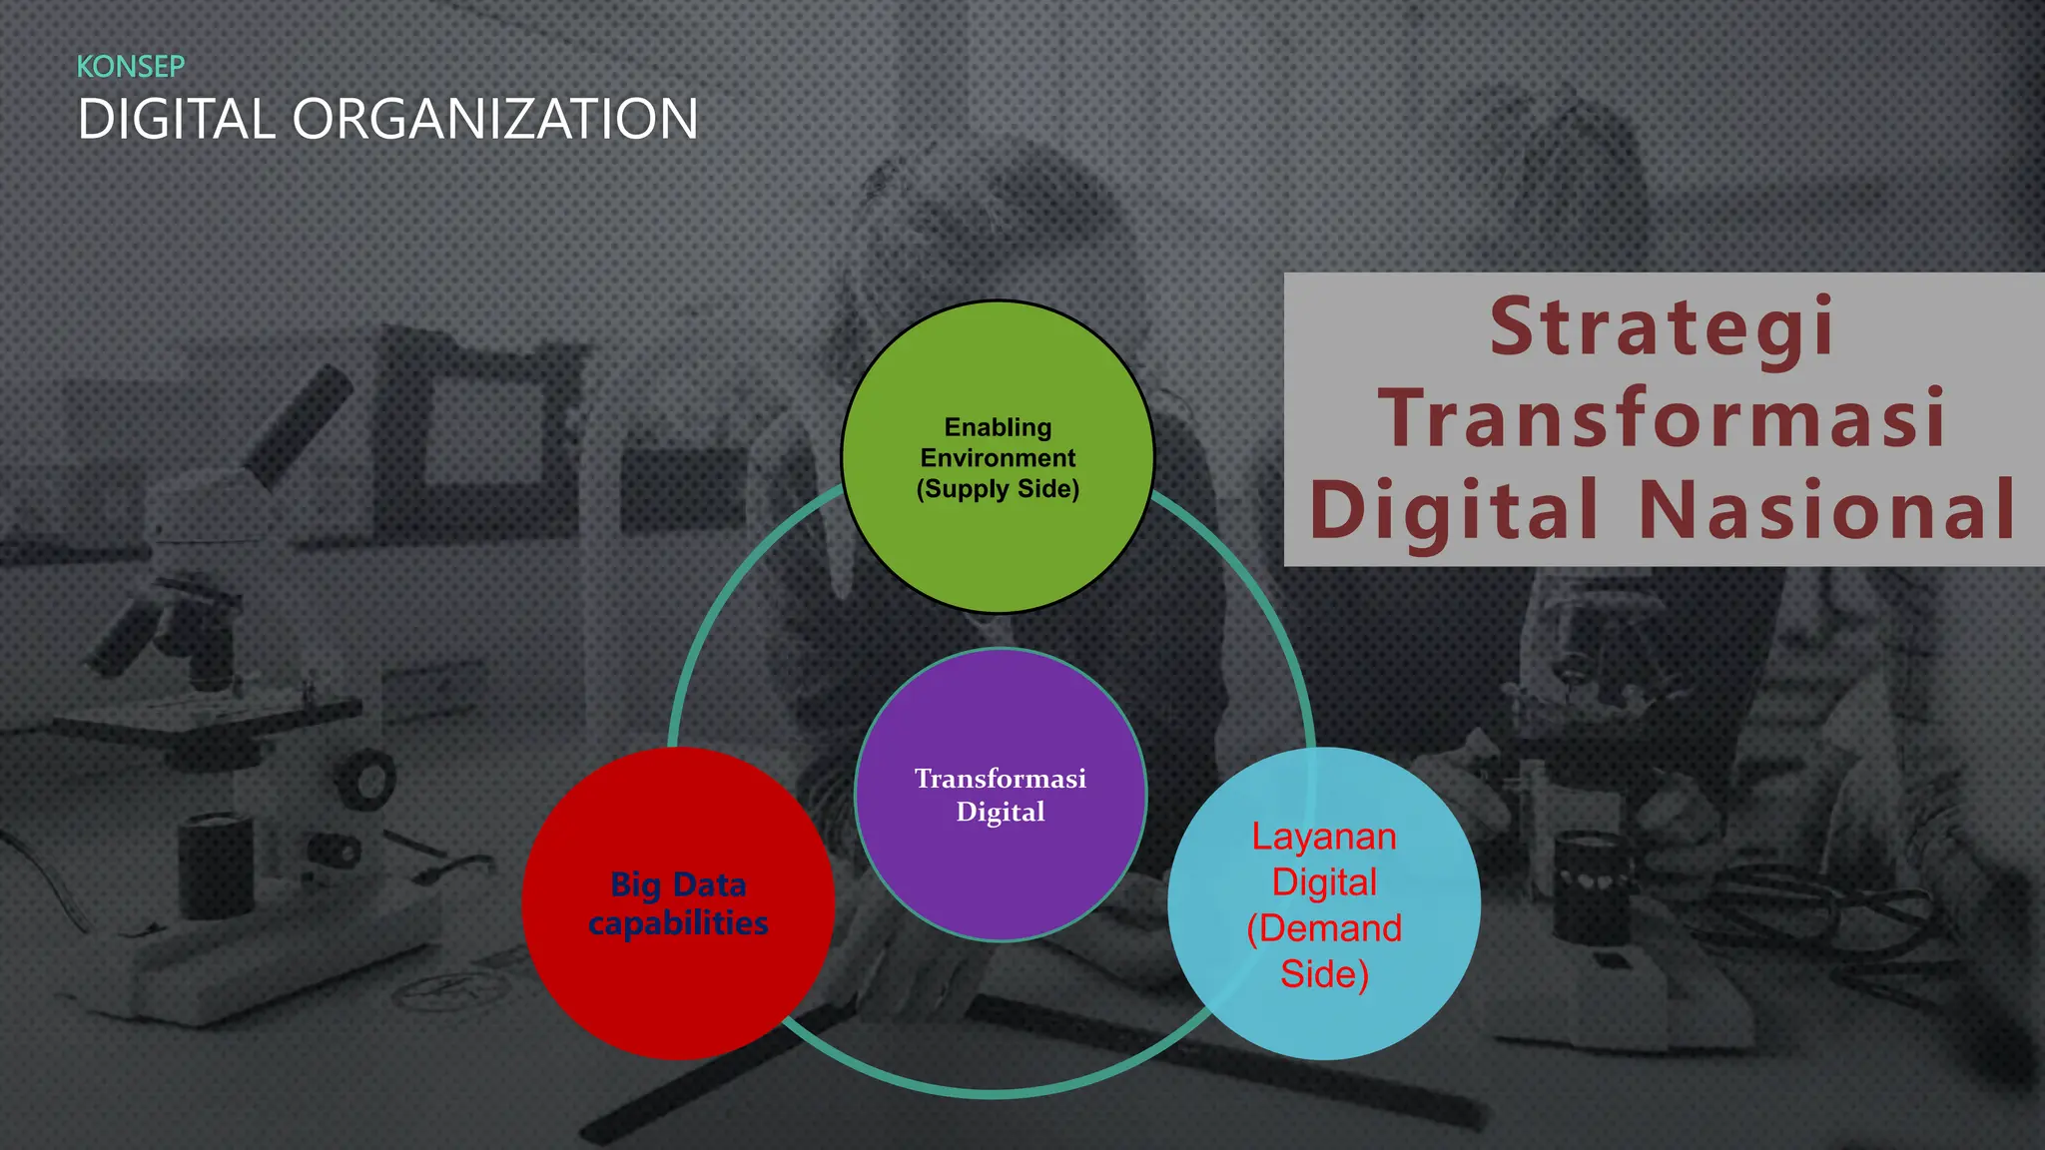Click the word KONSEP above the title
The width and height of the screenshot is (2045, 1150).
131,67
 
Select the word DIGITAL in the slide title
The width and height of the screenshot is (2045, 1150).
176,120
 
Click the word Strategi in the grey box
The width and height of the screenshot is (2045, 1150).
1663,327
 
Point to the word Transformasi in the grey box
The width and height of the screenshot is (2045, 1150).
1663,417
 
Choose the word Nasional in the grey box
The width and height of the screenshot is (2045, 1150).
1827,509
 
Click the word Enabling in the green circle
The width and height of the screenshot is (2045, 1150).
998,427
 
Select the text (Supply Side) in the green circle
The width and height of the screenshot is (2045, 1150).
998,489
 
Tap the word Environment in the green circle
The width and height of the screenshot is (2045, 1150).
998,458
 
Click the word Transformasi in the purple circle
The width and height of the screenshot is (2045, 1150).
1001,779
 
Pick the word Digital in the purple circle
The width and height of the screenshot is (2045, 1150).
1001,812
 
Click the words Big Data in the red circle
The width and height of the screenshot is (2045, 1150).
678,884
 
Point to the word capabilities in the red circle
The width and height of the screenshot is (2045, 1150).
678,922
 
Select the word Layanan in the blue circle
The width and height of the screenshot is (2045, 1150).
1324,837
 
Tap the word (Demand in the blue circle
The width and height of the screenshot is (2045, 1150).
1324,928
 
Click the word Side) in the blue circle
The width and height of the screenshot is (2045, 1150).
1324,974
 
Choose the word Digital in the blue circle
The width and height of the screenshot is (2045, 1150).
1324,882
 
